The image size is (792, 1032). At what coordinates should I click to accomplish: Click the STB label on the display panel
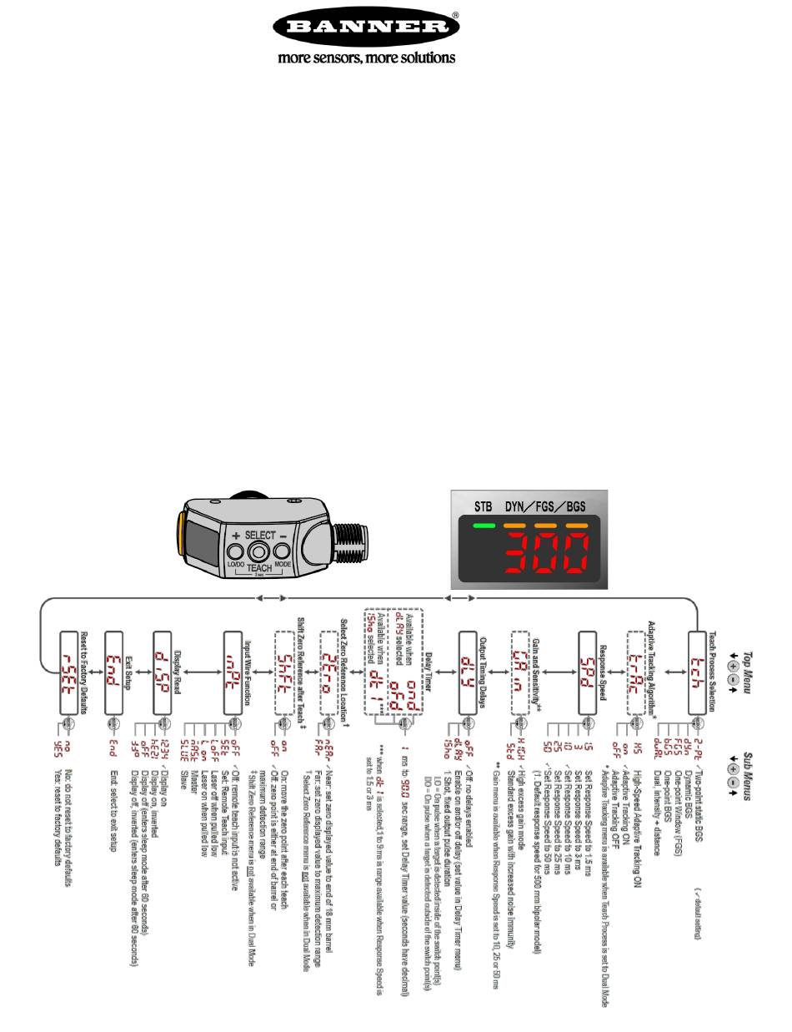pyautogui.click(x=484, y=506)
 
